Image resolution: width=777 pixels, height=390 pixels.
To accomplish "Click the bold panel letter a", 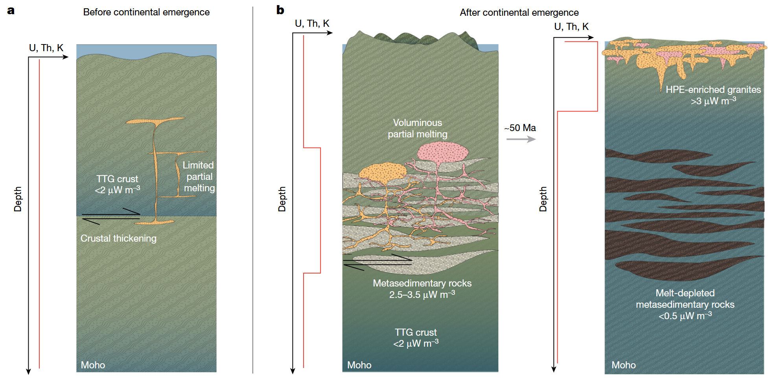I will (x=11, y=11).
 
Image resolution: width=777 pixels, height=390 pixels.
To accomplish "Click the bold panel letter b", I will (x=280, y=10).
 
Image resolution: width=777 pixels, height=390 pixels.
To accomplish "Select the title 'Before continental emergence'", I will (x=146, y=12).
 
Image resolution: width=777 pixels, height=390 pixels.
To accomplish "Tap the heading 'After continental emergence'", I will (x=519, y=13).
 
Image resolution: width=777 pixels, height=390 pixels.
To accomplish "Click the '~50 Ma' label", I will (x=520, y=128).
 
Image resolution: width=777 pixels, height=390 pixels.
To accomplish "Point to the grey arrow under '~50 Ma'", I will (x=521, y=139).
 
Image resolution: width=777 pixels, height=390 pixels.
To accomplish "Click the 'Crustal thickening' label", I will (x=118, y=238).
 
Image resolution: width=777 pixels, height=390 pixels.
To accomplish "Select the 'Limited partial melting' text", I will (x=199, y=176).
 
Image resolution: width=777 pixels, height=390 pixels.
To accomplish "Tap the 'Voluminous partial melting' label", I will (x=418, y=128).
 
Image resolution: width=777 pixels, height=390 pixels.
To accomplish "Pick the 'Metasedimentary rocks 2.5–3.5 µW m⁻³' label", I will (x=422, y=289).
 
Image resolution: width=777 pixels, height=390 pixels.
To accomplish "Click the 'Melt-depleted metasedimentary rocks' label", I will (x=685, y=304).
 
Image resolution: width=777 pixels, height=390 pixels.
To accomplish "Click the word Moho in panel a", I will (x=93, y=365).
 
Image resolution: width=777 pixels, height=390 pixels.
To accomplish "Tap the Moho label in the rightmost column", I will (x=623, y=365).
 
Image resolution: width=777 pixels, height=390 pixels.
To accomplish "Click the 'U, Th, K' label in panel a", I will (x=46, y=48).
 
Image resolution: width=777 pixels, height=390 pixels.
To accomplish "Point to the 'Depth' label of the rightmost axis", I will (x=543, y=199).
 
